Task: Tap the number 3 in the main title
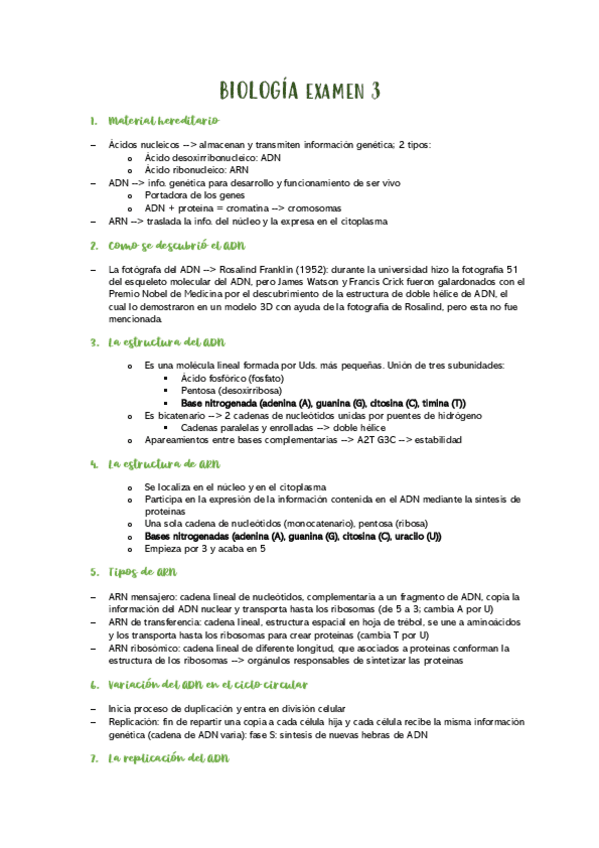[373, 92]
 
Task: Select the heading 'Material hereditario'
[163, 121]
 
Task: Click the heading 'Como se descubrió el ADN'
[175, 245]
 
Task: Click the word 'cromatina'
[243, 208]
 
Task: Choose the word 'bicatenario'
[181, 414]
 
